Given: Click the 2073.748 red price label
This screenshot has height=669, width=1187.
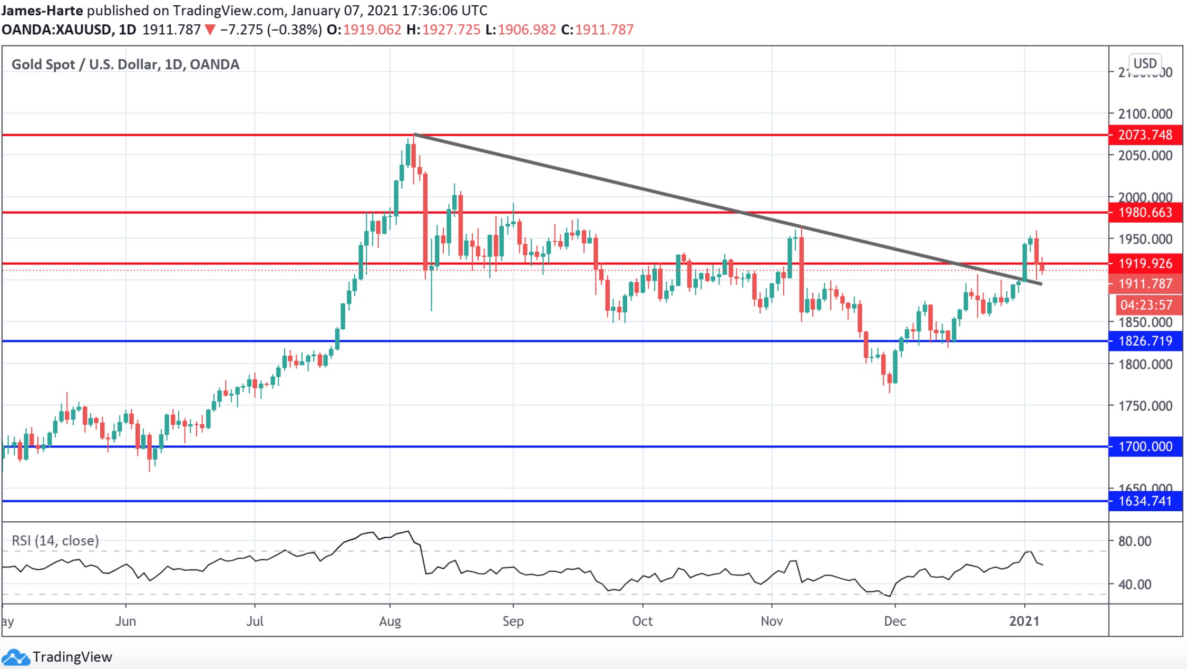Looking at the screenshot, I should (1145, 135).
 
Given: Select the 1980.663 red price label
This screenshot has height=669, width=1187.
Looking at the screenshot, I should (1145, 213).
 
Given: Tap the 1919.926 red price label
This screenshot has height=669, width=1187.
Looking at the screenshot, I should (1145, 263).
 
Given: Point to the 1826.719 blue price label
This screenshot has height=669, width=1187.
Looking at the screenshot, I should (1145, 341).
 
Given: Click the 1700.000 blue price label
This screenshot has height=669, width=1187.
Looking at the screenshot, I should (1145, 446).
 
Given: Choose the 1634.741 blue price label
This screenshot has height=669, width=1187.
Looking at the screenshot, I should (1145, 501).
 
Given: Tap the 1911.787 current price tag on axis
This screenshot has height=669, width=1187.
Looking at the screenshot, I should (1145, 284).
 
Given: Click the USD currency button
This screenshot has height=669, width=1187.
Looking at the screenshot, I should (1145, 64).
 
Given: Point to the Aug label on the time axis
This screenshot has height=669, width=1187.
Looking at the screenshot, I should (390, 621).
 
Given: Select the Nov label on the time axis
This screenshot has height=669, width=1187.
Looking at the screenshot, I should (772, 621).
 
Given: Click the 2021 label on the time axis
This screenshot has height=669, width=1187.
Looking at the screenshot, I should (1024, 621).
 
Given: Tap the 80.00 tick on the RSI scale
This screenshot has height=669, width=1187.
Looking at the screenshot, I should (1134, 541).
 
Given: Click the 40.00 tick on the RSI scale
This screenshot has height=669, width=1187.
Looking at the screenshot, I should (1134, 585).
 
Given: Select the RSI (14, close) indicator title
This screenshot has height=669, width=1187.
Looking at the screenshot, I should (55, 541).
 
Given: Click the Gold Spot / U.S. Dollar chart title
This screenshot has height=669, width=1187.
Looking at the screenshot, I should (125, 64).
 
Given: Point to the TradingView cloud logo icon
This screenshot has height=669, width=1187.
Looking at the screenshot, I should (15, 657).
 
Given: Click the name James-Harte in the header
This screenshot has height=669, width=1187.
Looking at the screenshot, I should (42, 11).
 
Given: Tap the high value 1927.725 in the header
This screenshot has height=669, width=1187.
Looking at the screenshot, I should (451, 30).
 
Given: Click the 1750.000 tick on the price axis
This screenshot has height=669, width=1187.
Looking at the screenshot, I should (1145, 406).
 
